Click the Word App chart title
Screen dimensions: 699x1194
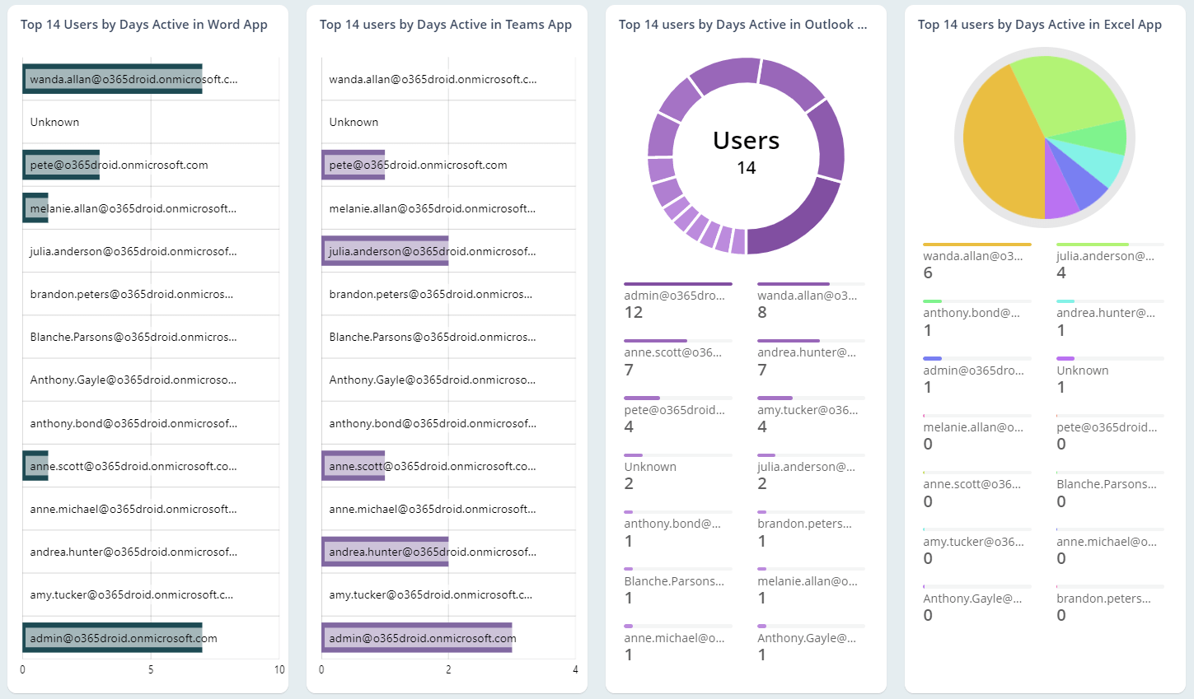click(143, 25)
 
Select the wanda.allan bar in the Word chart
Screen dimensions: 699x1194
click(112, 79)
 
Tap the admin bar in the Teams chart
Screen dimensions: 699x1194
click(416, 638)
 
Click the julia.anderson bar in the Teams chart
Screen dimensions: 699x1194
click(385, 251)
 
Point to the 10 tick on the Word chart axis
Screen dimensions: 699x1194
click(279, 669)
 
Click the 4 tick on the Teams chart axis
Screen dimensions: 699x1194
click(575, 669)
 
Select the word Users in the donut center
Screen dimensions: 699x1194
click(746, 141)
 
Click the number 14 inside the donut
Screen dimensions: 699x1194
click(746, 168)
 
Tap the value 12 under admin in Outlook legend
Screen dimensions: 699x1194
click(633, 313)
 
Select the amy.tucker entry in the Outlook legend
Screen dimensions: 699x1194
click(807, 410)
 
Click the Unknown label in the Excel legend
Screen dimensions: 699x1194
click(1082, 370)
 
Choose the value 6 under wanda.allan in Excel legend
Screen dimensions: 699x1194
click(928, 273)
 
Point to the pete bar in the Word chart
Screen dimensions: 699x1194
click(61, 165)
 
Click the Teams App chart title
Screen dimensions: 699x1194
click(445, 25)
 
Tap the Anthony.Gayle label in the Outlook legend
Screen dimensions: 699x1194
click(806, 638)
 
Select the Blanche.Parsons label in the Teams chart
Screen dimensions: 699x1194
click(432, 337)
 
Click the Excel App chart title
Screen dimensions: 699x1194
click(1039, 25)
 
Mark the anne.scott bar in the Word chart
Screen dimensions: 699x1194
click(35, 466)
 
